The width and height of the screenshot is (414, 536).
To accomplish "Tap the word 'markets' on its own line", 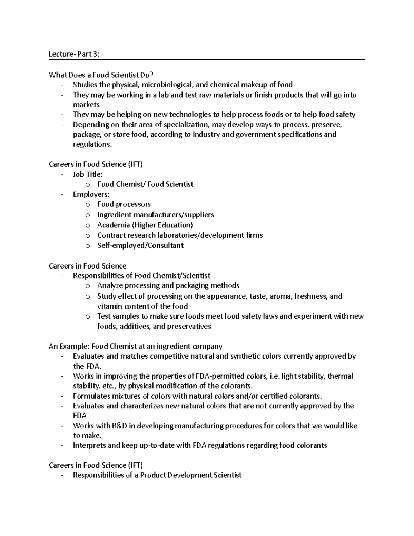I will tap(86, 105).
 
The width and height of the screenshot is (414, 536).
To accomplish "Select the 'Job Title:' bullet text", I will tap(88, 175).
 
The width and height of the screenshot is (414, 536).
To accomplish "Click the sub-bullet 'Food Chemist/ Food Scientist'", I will tap(145, 184).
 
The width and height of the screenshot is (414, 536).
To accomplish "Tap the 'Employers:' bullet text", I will tap(91, 195).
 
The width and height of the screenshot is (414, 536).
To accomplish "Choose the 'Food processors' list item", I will tap(124, 204).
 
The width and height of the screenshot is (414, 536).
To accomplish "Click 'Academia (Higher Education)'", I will tap(145, 225).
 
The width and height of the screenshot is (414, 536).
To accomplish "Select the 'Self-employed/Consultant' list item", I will tap(140, 246).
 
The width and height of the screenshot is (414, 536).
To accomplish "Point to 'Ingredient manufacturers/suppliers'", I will tap(155, 215).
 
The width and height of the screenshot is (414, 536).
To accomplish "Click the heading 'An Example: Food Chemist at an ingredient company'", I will tap(135, 347).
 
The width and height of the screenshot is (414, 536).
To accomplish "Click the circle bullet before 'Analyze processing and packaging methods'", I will tap(88, 286).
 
